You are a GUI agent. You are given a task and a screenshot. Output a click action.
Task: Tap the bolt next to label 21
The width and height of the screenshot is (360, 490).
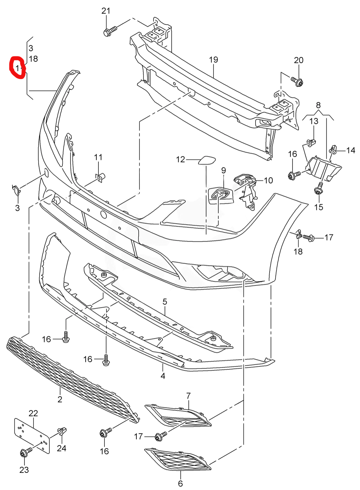click(x=109, y=31)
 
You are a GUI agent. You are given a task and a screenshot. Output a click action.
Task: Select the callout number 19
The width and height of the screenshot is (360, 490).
click(x=214, y=60)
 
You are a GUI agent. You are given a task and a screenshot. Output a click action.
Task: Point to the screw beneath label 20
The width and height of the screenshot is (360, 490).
click(x=297, y=81)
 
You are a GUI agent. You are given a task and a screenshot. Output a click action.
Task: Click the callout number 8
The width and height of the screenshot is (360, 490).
click(x=318, y=105)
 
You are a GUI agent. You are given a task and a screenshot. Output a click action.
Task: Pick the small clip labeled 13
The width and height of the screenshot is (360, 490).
click(x=312, y=142)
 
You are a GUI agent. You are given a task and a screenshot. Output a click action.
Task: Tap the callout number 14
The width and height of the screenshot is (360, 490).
click(x=351, y=150)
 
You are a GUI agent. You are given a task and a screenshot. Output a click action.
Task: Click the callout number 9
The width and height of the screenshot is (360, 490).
click(x=224, y=170)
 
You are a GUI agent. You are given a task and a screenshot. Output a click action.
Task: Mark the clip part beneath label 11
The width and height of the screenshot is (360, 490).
click(x=100, y=177)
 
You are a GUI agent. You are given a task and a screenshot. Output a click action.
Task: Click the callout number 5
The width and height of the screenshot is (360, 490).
click(x=165, y=302)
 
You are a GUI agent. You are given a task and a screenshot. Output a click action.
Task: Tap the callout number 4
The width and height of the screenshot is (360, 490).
click(x=163, y=376)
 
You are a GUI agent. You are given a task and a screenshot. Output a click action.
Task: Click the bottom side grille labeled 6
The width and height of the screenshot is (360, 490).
click(x=178, y=459)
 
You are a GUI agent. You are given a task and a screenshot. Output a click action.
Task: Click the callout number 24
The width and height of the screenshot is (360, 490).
click(x=61, y=448)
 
